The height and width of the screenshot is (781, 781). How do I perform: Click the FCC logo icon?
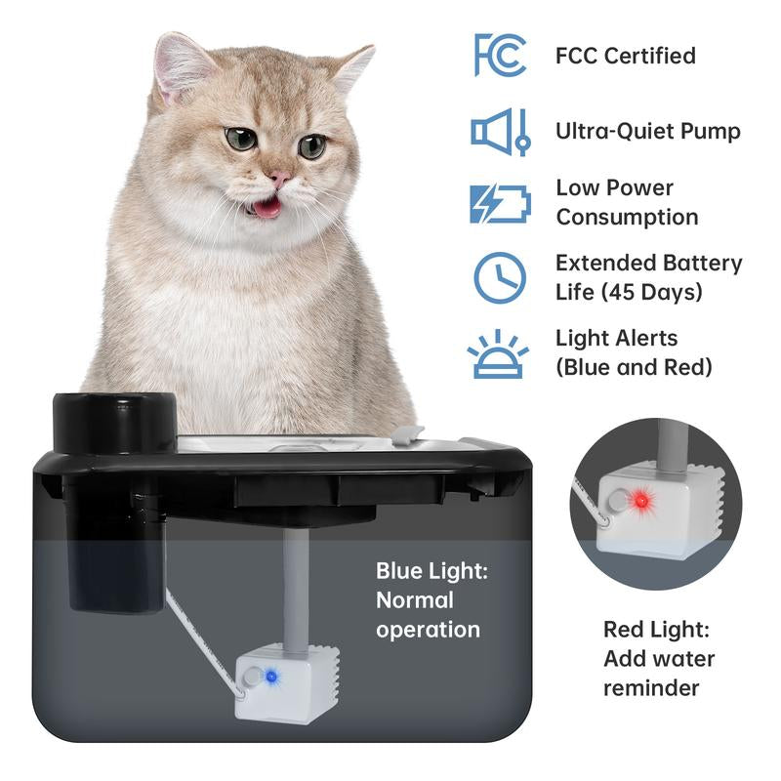(500, 55)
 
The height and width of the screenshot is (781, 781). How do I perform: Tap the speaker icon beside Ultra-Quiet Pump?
(501, 132)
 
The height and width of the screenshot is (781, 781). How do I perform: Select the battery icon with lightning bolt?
(500, 204)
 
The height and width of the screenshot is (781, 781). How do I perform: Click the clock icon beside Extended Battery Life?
(500, 278)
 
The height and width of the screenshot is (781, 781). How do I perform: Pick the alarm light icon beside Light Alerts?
(498, 353)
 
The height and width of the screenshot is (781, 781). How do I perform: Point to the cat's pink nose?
(280, 179)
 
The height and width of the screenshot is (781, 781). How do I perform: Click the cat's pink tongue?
(267, 209)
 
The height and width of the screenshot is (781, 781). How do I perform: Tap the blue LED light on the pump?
(271, 677)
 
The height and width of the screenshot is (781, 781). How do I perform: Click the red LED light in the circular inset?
(642, 500)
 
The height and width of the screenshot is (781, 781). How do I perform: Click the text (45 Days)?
(651, 292)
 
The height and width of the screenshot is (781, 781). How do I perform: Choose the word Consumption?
(627, 217)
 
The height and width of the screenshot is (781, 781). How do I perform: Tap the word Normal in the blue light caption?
(414, 599)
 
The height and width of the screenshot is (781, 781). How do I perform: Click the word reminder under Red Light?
(651, 688)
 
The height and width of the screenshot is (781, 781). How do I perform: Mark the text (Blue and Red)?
(634, 367)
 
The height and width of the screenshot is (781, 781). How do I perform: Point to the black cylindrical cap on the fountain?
(114, 423)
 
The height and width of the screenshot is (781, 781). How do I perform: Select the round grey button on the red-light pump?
(619, 500)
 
